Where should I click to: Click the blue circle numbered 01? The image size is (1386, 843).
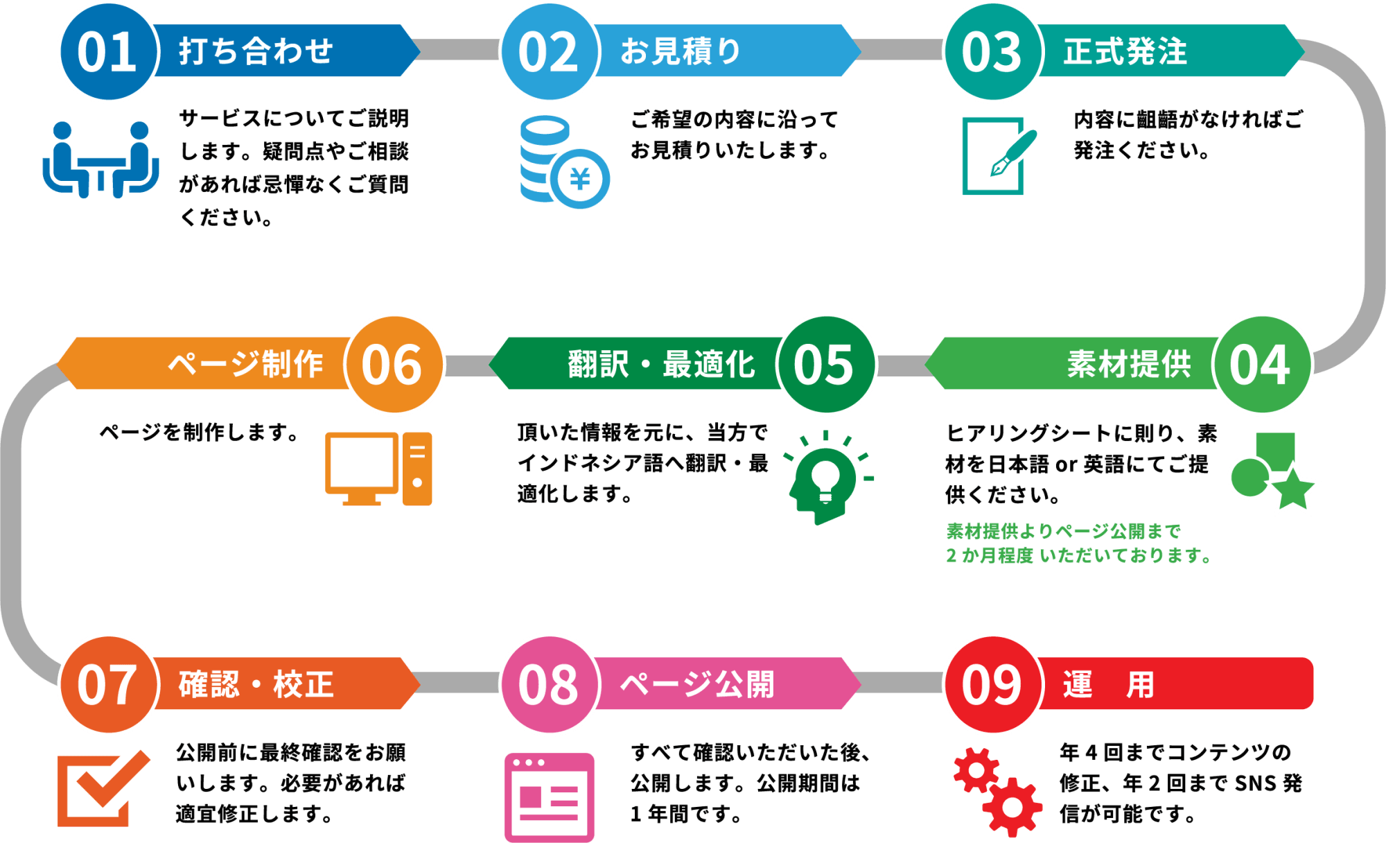tap(108, 52)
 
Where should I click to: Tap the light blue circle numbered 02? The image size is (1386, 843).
tap(549, 52)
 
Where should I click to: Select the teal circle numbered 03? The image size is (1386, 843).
tap(992, 52)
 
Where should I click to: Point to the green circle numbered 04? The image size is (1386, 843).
tap(1261, 365)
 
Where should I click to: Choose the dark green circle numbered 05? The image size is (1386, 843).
tap(825, 365)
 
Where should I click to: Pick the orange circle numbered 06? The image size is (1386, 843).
tap(394, 365)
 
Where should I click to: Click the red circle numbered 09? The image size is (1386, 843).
tap(992, 685)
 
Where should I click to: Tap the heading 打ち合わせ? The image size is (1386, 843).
tap(256, 51)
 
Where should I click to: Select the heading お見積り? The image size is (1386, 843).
tap(681, 51)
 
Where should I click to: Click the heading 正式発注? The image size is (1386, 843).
tap(1125, 51)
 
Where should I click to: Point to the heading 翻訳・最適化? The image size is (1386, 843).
tap(661, 365)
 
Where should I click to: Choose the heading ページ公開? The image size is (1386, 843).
tap(697, 685)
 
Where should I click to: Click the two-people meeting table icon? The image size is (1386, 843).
tap(101, 159)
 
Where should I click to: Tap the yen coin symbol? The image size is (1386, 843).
tap(581, 179)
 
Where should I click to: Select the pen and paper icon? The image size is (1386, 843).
tap(998, 156)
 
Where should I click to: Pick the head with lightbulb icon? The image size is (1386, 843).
tap(826, 478)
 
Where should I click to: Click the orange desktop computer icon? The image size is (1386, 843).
tap(378, 469)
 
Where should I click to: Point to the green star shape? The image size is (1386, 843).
tap(1293, 489)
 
